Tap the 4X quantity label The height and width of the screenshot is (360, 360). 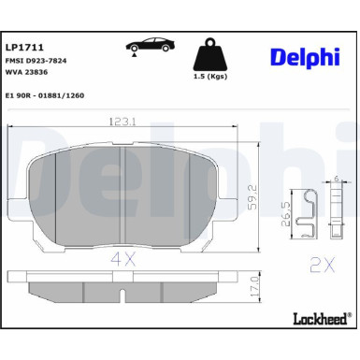point(123,255)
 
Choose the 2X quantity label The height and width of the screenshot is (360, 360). point(323,265)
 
